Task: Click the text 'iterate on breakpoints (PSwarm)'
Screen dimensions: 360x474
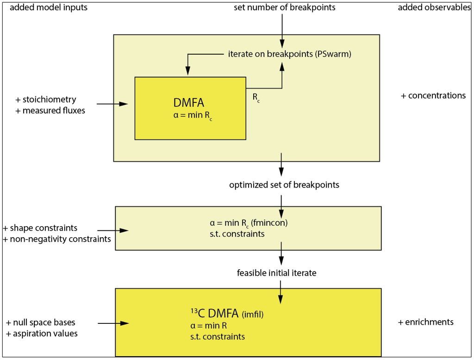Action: click(290, 54)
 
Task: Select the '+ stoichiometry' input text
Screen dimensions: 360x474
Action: click(46, 100)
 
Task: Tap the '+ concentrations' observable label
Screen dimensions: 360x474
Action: click(433, 95)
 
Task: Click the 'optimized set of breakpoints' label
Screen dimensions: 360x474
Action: click(284, 185)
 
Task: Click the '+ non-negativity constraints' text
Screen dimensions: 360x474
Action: click(56, 239)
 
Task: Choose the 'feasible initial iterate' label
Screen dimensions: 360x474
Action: click(276, 273)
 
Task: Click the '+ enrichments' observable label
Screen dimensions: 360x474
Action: click(425, 322)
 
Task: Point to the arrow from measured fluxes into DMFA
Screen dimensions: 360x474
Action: click(112, 104)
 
